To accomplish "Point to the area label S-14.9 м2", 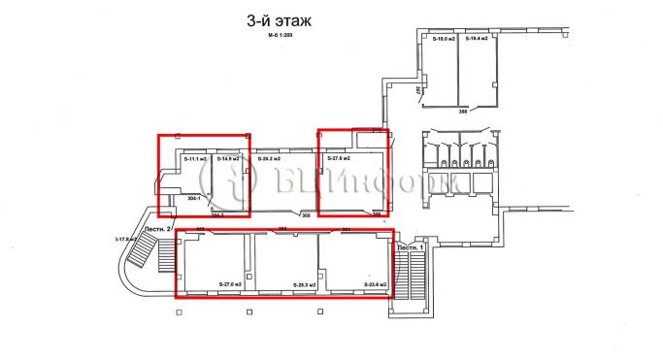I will coord(227,158).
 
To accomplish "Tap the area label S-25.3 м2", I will coord(304,285).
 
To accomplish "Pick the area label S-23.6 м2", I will coord(375,284).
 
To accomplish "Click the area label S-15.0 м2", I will coord(445,39).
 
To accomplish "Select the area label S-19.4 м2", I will coord(475,39).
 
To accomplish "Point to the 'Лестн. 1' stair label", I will coord(409,248).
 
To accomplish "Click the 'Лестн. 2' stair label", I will coord(157,229).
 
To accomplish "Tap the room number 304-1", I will coord(193,198).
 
